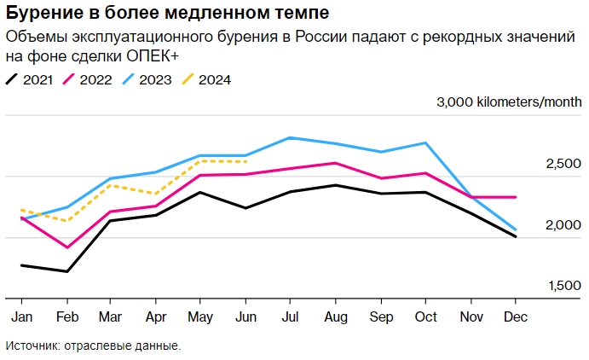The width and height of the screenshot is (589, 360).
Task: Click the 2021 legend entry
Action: (x=30, y=79)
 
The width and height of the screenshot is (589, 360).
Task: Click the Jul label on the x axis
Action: (x=290, y=316)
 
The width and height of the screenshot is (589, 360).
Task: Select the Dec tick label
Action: (x=515, y=316)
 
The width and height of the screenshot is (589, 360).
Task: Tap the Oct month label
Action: (x=424, y=316)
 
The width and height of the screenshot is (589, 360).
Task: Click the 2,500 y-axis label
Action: (x=563, y=165)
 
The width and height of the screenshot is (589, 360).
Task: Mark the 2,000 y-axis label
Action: (x=563, y=225)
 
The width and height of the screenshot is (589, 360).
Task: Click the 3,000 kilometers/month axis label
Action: (x=510, y=103)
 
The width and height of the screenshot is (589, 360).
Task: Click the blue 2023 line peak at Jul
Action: (x=290, y=137)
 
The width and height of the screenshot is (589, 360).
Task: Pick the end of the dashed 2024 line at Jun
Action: (x=245, y=161)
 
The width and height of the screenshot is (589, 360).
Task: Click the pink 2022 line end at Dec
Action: (x=515, y=197)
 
